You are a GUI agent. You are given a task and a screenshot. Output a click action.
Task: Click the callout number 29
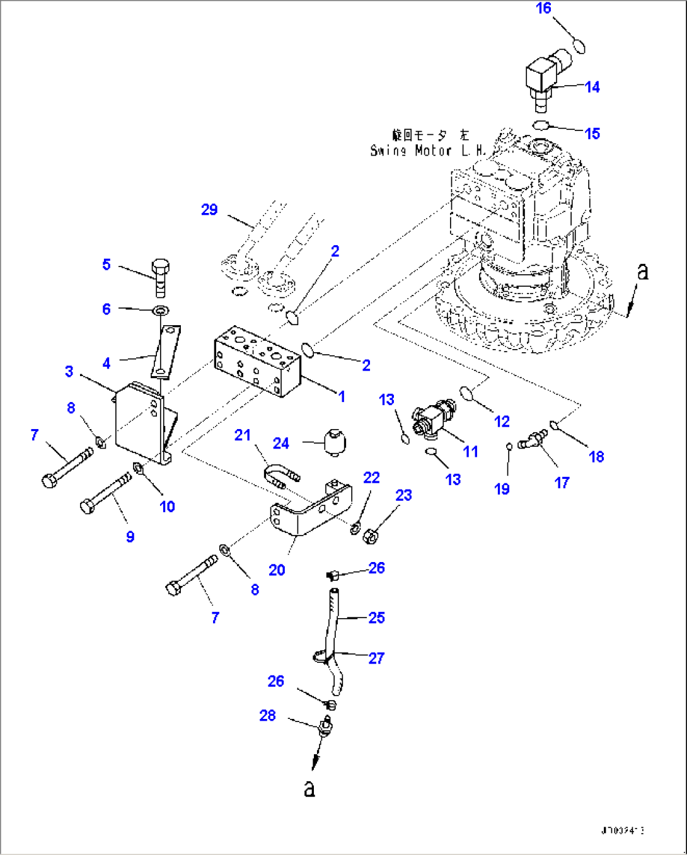[209, 210]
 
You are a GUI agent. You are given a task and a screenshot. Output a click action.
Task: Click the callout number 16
[543, 8]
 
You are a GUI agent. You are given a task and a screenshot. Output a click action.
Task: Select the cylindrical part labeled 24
[335, 442]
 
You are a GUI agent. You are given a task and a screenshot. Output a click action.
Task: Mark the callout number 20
[277, 570]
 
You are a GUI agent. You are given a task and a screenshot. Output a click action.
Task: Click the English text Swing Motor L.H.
[427, 151]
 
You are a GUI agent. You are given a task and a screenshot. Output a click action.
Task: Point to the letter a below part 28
[309, 788]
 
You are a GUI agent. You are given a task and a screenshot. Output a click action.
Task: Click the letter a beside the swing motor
[642, 272]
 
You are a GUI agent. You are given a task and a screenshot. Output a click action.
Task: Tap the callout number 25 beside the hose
[376, 618]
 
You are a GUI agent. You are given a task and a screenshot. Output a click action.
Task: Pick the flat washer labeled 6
[162, 310]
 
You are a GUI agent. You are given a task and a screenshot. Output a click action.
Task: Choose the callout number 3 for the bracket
[69, 372]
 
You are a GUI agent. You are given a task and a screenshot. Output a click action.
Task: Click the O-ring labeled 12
[468, 394]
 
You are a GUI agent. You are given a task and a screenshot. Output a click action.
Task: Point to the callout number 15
[592, 134]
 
